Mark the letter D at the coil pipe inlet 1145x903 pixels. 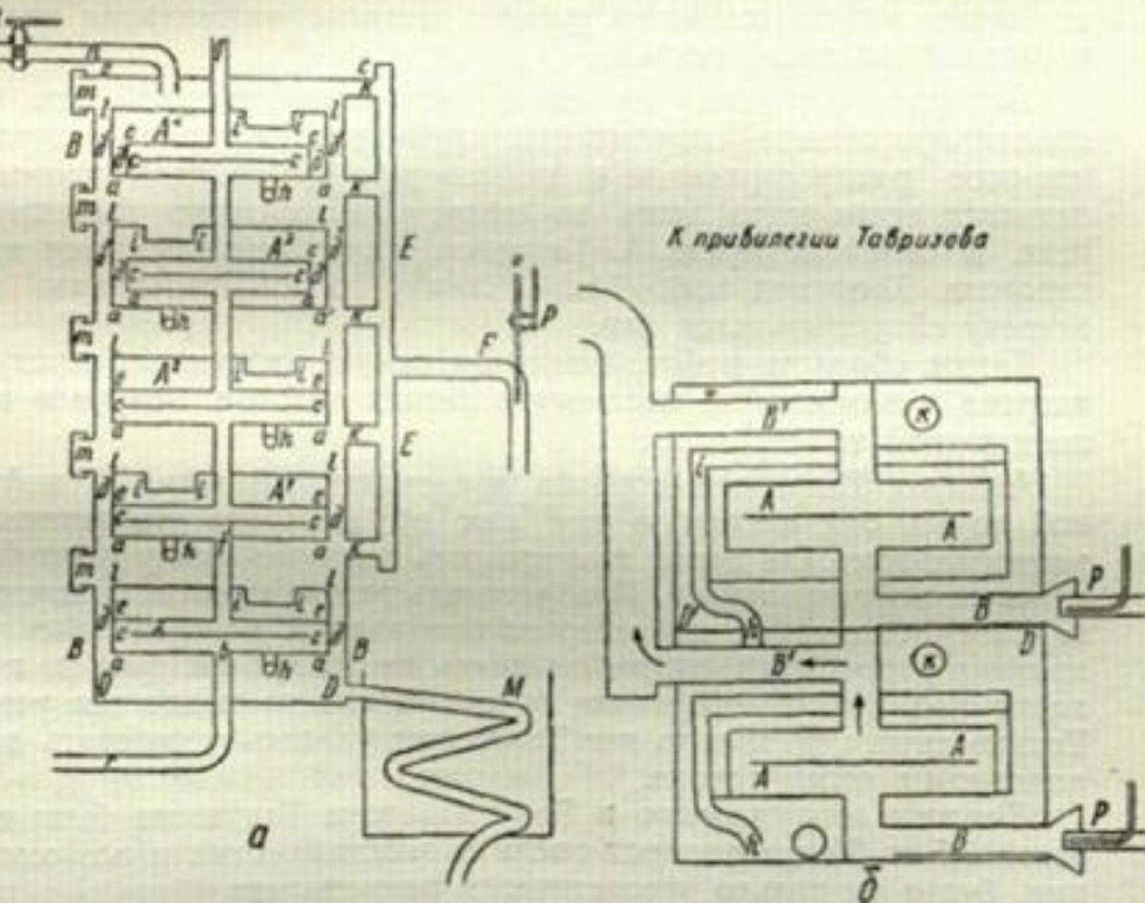(x=331, y=684)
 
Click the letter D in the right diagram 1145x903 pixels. (x=1028, y=649)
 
